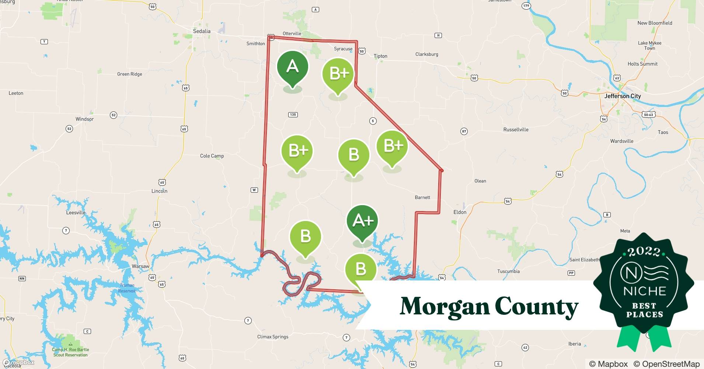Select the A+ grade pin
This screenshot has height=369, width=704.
click(x=362, y=222)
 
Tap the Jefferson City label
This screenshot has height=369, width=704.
click(x=623, y=96)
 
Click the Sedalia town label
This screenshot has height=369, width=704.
click(x=202, y=31)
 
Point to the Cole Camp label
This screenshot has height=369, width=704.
click(x=212, y=156)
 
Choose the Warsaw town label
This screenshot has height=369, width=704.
click(x=140, y=266)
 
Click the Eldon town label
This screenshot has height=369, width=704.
click(x=460, y=212)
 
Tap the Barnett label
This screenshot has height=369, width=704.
click(x=422, y=197)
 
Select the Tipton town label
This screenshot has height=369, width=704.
click(x=380, y=56)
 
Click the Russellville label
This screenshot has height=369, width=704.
click(x=516, y=130)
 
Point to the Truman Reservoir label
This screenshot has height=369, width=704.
click(x=127, y=288)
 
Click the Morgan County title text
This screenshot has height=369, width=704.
click(x=489, y=307)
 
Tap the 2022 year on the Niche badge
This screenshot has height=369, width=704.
click(x=644, y=252)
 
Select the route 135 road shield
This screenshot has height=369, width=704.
click(x=293, y=114)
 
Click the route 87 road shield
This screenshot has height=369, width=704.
click(x=464, y=131)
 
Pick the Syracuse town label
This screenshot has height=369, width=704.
click(x=343, y=49)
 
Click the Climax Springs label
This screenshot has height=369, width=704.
click(x=273, y=337)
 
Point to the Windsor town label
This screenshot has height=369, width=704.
click(x=84, y=119)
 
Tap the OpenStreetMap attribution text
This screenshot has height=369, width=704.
click(x=666, y=364)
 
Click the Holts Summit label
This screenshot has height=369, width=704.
click(x=642, y=64)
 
